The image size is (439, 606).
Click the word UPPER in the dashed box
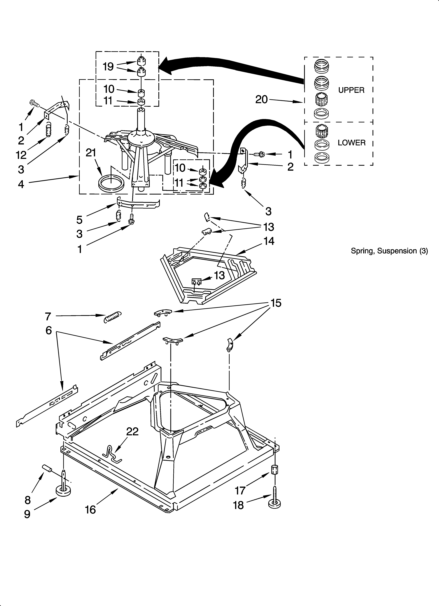coord(351,90)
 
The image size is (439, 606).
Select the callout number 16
coord(90,510)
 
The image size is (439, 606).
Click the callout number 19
coord(108,67)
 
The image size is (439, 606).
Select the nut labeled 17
coord(275,469)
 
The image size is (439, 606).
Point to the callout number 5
coord(79,220)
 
